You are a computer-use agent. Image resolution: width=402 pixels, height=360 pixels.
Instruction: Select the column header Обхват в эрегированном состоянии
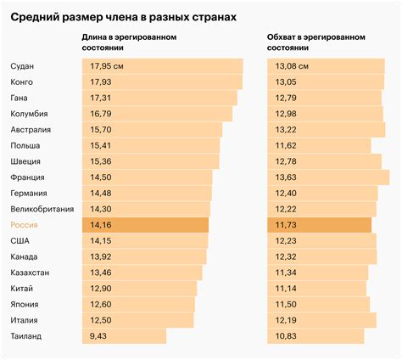tap(315, 43)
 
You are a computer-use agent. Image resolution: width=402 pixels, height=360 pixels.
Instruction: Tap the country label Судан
tap(23, 66)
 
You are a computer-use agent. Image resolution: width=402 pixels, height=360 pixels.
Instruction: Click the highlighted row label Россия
tap(25, 225)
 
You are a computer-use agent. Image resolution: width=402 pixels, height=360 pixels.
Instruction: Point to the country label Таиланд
tap(27, 336)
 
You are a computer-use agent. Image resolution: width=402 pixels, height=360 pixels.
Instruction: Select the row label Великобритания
tap(42, 209)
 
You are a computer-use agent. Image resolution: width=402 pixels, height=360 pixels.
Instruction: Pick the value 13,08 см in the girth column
tap(293, 66)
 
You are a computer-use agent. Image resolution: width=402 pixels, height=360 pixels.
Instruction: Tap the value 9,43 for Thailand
tap(98, 336)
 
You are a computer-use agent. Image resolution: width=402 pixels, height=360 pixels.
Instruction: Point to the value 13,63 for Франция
tap(288, 177)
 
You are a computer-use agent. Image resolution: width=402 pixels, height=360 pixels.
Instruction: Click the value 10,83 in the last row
tap(288, 336)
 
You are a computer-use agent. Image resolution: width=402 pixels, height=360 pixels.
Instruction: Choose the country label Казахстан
tap(31, 273)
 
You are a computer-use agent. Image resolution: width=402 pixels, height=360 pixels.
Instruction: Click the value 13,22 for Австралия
tap(288, 130)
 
